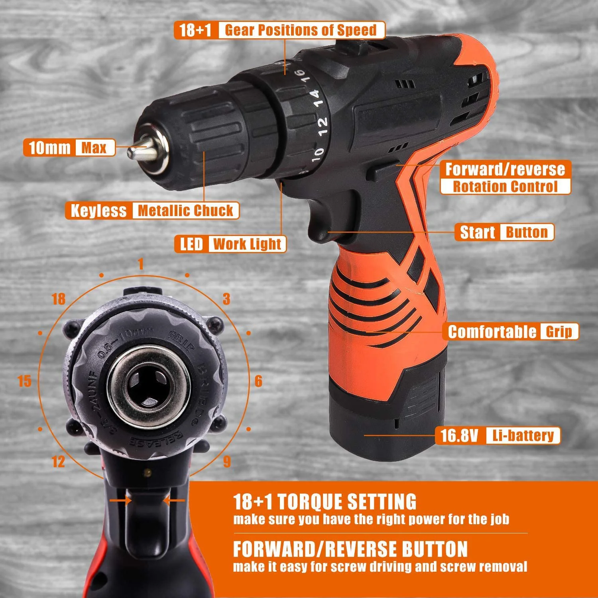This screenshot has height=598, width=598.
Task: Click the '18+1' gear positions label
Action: point(195,30)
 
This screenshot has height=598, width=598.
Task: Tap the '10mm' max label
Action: point(50,148)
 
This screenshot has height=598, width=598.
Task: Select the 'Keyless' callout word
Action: point(98,210)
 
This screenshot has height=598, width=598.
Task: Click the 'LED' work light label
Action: point(192,244)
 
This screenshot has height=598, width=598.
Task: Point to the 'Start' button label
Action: point(477,232)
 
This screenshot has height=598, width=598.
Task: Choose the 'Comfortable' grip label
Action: point(492,332)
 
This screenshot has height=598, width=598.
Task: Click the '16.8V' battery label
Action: point(459,435)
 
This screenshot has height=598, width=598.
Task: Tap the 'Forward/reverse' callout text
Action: point(505,169)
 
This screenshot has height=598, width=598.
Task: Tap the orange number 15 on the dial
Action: point(24,381)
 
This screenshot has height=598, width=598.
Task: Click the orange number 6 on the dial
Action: point(258,381)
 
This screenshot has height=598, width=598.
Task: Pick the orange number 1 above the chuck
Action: point(140,264)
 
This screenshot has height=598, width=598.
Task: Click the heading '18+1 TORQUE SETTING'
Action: point(325,502)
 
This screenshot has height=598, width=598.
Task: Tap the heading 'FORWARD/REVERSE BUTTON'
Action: point(350,549)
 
